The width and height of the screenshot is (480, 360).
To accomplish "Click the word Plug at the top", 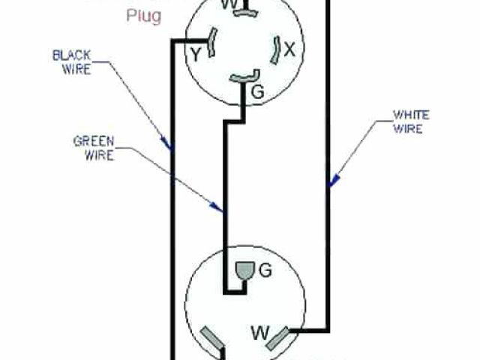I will click(x=144, y=16).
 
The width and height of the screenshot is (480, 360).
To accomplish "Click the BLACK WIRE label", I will click(x=72, y=62).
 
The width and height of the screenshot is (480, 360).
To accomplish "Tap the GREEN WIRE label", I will click(x=93, y=148).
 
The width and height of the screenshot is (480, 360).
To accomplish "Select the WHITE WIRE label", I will click(x=412, y=121).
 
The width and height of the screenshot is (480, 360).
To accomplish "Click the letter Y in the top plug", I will click(x=195, y=54).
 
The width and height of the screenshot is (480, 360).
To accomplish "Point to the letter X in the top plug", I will click(x=289, y=50).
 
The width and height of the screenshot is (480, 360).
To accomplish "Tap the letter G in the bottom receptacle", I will click(x=265, y=271).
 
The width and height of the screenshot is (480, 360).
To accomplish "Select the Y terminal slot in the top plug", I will click(x=213, y=43).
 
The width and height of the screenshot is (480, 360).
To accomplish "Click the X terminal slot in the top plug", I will click(x=274, y=49).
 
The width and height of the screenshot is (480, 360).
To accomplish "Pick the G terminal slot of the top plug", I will click(x=243, y=76).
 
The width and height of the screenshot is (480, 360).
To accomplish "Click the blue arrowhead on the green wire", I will click(x=220, y=208).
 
